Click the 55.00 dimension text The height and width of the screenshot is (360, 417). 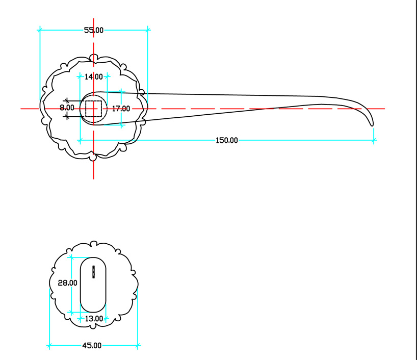click(94, 30)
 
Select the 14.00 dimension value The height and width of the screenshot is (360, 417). click(94, 77)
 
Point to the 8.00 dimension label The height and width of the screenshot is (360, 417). click(67, 108)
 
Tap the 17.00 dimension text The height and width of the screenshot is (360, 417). click(121, 109)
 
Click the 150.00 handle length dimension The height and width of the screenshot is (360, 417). click(226, 140)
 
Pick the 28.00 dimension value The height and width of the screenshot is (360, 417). click(67, 282)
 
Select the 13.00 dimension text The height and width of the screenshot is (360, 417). click(94, 319)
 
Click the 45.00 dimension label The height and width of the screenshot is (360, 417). click(92, 346)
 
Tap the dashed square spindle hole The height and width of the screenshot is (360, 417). click(94, 109)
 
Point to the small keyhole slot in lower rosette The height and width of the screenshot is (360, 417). click(94, 272)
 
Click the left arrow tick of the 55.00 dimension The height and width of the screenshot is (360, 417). click(40, 30)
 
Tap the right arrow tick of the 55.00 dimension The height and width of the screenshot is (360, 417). click(148, 30)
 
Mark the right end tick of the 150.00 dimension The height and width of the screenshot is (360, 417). click(374, 140)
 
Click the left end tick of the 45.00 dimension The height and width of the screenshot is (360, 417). click(49, 346)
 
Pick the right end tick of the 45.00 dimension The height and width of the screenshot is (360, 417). click(138, 346)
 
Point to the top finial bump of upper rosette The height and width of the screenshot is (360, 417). click(94, 57)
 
